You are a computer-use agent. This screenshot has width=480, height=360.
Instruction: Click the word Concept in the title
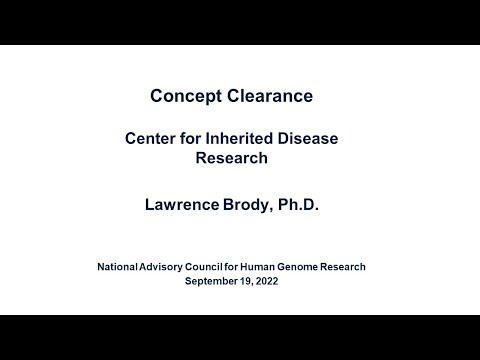click(x=183, y=96)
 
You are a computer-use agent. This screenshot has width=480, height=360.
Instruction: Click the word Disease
click(x=302, y=138)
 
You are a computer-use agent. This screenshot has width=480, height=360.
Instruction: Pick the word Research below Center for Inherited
click(x=239, y=157)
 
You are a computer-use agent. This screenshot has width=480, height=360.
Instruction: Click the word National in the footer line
click(x=120, y=267)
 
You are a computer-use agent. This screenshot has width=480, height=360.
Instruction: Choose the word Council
click(x=221, y=267)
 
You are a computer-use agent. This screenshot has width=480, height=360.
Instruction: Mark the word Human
click(x=275, y=267)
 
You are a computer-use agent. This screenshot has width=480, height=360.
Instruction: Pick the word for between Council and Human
click(x=249, y=267)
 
